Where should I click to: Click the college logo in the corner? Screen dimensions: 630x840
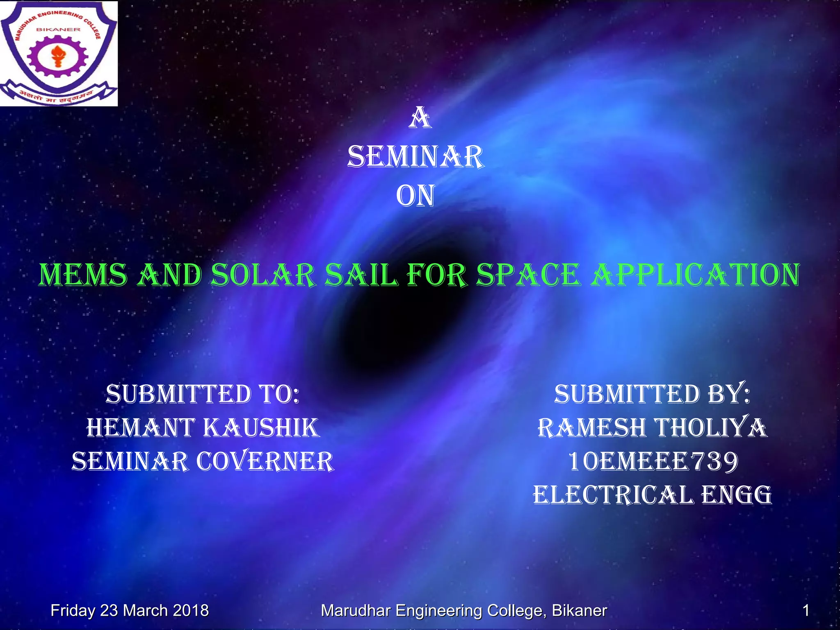click(x=59, y=53)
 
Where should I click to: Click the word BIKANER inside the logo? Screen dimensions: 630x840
click(x=58, y=30)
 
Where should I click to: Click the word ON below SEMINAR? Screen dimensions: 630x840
click(x=415, y=196)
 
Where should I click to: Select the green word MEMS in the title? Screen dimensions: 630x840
click(x=83, y=275)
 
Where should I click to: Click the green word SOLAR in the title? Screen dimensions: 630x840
click(x=263, y=275)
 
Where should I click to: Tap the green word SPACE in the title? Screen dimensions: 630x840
click(x=528, y=275)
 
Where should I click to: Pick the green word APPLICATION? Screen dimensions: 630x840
click(x=696, y=275)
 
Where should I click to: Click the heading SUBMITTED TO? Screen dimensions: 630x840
click(x=203, y=395)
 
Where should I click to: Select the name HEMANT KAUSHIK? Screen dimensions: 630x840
click(x=203, y=428)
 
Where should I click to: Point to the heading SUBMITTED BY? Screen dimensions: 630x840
click(x=652, y=395)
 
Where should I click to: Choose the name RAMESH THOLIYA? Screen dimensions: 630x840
click(x=652, y=428)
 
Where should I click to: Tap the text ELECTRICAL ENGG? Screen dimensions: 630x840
click(x=652, y=495)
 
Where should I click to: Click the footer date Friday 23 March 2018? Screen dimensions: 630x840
click(x=130, y=611)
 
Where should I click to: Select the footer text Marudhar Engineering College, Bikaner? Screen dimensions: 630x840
click(x=463, y=611)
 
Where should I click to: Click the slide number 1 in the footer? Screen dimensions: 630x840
click(x=806, y=611)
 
